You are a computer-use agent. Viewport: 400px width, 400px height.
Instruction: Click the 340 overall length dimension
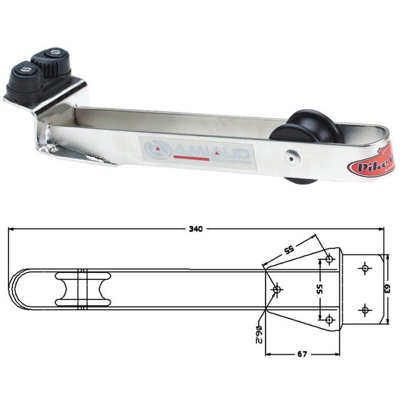(195, 229)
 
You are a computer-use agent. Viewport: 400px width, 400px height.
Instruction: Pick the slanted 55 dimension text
(289, 250)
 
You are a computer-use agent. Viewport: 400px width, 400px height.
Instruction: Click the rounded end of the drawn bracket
(14, 290)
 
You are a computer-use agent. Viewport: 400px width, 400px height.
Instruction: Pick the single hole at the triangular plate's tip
(277, 290)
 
